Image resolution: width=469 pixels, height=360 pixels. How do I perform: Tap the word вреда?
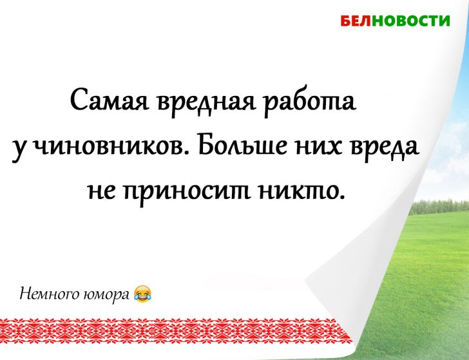click(x=385, y=146)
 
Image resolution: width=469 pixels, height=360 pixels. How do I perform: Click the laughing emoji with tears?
click(x=142, y=294)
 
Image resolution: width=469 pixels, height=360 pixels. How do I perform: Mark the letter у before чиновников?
click(x=18, y=147)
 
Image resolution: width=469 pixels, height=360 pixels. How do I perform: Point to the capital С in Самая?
click(x=78, y=101)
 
